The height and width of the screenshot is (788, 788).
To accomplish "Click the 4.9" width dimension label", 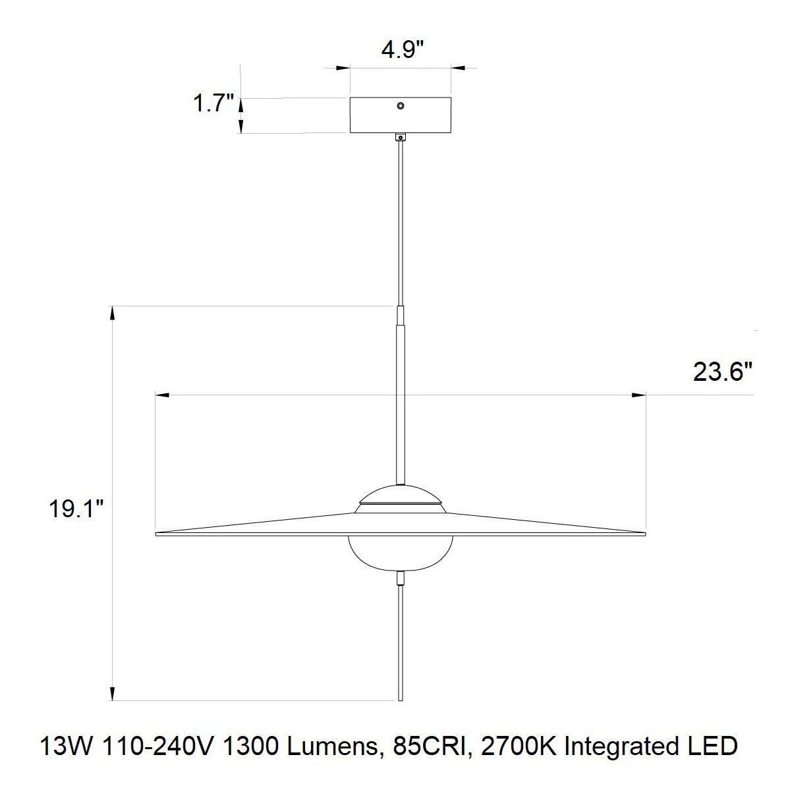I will (x=401, y=51).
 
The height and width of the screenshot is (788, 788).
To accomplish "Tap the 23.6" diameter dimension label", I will (x=722, y=372).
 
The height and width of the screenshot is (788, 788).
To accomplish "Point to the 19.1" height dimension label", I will (x=76, y=509).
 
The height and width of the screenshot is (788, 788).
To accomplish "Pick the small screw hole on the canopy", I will (x=400, y=105).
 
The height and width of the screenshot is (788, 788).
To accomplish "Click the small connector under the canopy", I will (x=399, y=137).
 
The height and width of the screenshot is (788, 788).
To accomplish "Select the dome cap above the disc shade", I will (x=400, y=494).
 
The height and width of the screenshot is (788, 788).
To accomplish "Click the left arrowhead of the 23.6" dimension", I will (x=162, y=395).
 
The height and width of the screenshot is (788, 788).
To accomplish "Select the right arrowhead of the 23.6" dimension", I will (x=638, y=395).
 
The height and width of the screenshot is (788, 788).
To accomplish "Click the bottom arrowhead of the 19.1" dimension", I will (x=113, y=692).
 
